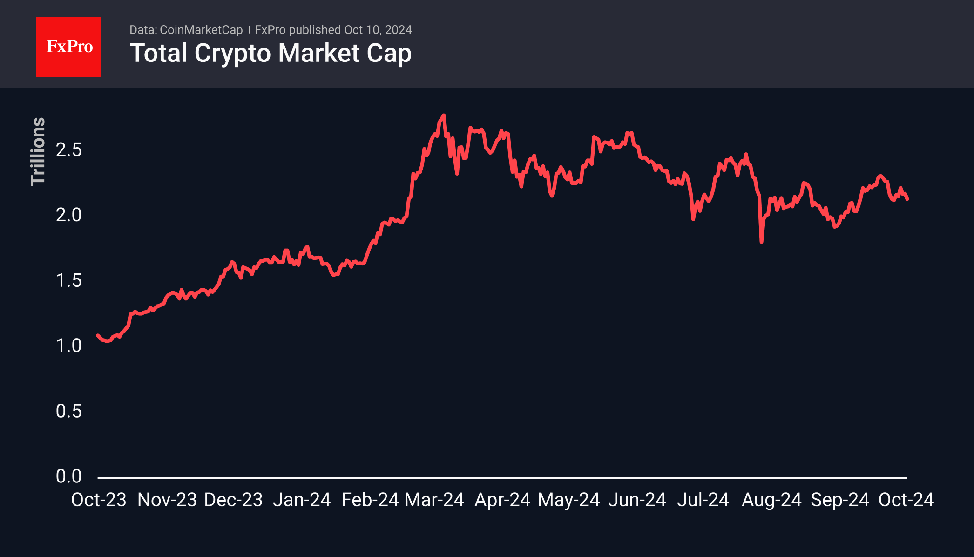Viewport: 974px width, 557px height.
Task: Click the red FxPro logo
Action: pyautogui.click(x=69, y=47)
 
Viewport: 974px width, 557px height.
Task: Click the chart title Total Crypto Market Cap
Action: pyautogui.click(x=271, y=53)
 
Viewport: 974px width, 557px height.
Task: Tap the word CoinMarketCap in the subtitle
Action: pyautogui.click(x=201, y=30)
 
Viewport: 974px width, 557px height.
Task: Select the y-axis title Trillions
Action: pyautogui.click(x=38, y=152)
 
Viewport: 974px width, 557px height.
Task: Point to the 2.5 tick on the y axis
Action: pyautogui.click(x=68, y=150)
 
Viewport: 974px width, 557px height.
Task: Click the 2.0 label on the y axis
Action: pyautogui.click(x=68, y=215)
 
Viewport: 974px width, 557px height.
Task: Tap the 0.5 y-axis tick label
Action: pyautogui.click(x=68, y=411)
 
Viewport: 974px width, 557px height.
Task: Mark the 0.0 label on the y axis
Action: pyautogui.click(x=68, y=476)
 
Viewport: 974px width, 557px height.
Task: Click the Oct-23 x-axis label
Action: pyautogui.click(x=99, y=500)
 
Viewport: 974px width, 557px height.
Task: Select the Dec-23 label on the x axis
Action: pyautogui.click(x=233, y=500)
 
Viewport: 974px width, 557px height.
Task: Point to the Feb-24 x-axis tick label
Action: pyautogui.click(x=370, y=500)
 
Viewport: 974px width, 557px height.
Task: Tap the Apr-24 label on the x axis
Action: pyautogui.click(x=502, y=500)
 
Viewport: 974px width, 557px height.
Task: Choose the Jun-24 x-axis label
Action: pyautogui.click(x=637, y=500)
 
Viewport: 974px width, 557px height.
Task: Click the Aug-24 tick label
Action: pyautogui.click(x=771, y=500)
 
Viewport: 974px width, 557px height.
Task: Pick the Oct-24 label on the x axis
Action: pyautogui.click(x=906, y=500)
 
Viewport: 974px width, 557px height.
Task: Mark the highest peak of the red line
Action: pyautogui.click(x=444, y=115)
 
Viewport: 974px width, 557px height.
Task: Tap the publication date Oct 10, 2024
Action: pyautogui.click(x=378, y=30)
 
